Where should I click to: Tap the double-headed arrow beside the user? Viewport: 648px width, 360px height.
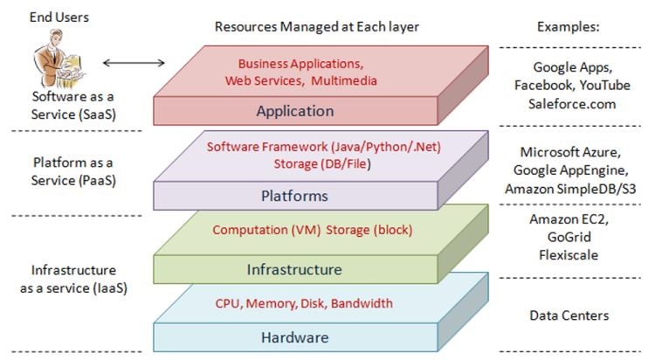[134, 63]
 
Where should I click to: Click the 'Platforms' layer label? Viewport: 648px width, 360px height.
[294, 196]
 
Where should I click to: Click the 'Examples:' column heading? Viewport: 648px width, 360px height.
[567, 27]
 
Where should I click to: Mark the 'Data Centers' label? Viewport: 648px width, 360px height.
[569, 315]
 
